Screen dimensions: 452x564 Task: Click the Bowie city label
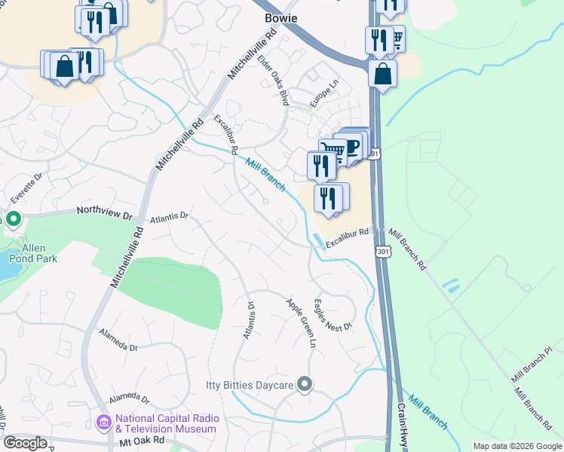pos(280,17)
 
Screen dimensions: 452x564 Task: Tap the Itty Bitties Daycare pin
pos(305,385)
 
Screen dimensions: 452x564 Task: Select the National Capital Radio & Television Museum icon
pos(104,423)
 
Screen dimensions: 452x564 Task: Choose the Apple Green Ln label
pos(300,322)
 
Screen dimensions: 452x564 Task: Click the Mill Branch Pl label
pos(537,370)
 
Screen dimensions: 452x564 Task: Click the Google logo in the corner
pos(25,443)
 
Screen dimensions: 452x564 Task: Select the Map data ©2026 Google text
pos(516,446)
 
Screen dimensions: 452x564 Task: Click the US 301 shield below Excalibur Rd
pos(383,252)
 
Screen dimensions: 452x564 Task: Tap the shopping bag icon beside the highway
pos(383,74)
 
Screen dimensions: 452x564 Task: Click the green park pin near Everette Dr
pos(13,219)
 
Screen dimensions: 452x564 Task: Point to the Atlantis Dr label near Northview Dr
pos(168,217)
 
